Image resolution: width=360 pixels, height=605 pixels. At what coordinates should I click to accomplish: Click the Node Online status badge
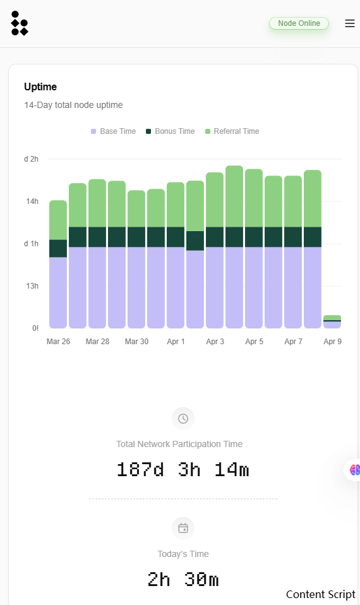tap(299, 23)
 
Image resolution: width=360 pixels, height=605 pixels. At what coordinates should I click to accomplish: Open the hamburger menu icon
tap(350, 23)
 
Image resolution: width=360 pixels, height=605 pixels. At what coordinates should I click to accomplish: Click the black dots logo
tap(20, 23)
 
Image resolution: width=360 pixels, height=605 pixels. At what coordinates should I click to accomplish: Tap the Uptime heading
tap(40, 87)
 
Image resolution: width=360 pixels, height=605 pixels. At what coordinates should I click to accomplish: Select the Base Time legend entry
tap(114, 131)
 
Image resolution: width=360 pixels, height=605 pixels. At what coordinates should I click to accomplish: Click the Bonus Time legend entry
tap(170, 131)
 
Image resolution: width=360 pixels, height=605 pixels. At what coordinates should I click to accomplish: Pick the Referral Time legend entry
tap(232, 131)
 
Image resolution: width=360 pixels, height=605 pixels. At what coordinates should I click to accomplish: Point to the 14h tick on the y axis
tap(32, 201)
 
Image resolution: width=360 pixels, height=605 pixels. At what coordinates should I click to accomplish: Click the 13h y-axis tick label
tap(32, 286)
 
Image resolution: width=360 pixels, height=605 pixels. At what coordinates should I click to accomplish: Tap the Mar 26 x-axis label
tap(58, 342)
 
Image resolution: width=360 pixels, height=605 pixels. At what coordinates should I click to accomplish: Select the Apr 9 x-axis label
tap(332, 342)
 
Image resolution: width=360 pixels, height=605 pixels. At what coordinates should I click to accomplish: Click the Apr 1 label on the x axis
tap(176, 342)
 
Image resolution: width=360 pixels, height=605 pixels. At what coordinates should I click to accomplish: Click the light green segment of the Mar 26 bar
tap(58, 220)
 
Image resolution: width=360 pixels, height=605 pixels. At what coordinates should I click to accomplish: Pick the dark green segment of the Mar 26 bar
tap(58, 248)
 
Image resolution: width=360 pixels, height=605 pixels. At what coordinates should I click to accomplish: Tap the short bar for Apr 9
tap(332, 322)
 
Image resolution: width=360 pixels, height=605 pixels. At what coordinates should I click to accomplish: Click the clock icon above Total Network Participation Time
tap(183, 419)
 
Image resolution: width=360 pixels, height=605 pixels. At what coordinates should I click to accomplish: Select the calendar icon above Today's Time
tap(183, 528)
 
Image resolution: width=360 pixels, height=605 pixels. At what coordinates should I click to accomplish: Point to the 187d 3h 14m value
tap(183, 470)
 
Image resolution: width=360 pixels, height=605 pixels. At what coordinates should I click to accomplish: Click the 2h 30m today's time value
tap(183, 580)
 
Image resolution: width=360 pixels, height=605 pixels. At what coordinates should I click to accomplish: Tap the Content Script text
tap(321, 595)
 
